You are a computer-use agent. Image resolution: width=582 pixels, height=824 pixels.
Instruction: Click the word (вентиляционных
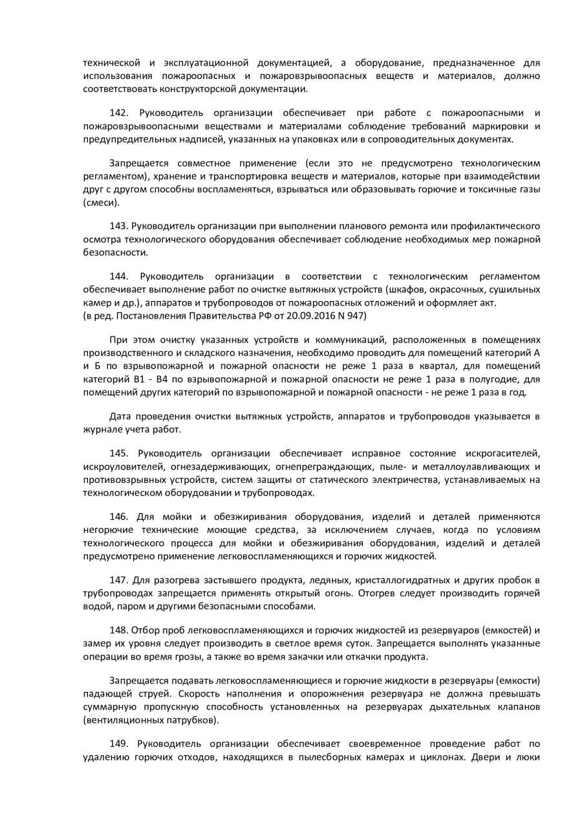123,720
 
